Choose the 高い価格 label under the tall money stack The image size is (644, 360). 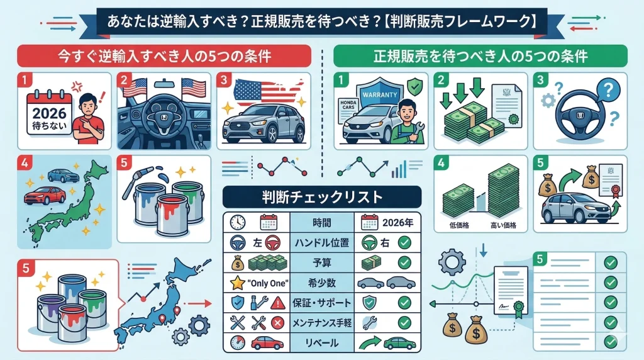click(503, 225)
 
